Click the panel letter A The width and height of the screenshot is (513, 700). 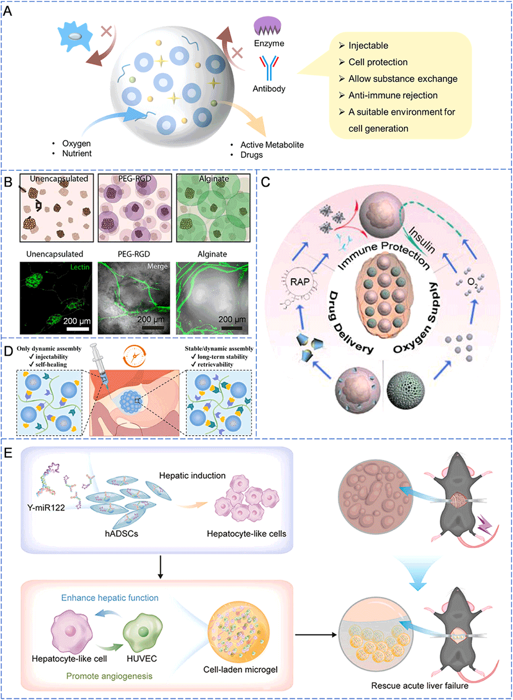8,11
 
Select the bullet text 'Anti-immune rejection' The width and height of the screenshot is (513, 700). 393,95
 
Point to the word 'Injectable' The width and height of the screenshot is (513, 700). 368,46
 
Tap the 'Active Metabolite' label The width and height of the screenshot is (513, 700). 272,145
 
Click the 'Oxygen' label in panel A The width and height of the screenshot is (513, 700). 76,143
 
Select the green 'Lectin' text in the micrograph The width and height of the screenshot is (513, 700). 80,267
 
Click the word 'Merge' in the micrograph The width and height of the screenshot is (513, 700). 157,266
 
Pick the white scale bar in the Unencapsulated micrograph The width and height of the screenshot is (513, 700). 77,328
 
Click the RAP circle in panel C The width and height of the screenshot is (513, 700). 300,282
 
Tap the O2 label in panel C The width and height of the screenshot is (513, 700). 472,282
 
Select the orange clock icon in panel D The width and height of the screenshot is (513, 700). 134,356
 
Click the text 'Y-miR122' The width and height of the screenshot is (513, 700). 46,508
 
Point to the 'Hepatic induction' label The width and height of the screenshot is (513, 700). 192,475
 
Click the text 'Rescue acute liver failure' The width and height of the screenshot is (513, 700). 420,685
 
